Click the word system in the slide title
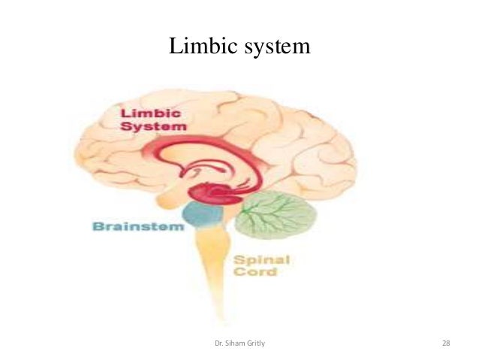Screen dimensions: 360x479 pos(273,47)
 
